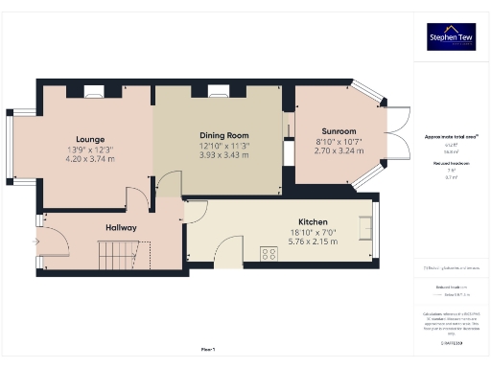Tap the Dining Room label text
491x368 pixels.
pos(223,135)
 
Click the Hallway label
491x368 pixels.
pos(121,227)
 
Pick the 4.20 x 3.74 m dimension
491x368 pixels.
pos(90,159)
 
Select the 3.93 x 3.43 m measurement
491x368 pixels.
pos(223,154)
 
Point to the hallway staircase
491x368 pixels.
pos(124,255)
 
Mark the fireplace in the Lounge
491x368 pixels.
pos(93,91)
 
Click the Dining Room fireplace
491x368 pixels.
pos(217,91)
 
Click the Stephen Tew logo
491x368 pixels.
pos(453,36)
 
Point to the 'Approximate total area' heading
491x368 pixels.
pos(452,137)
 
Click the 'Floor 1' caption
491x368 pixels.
pos(207,348)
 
